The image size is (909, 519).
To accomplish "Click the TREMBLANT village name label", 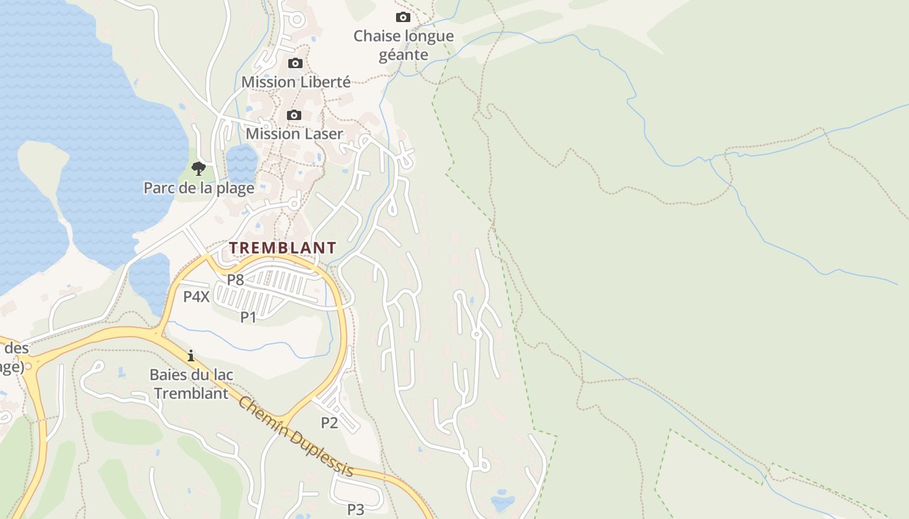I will (x=282, y=248).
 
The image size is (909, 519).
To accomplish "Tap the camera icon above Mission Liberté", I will (x=295, y=63).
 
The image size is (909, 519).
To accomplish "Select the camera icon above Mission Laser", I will (x=294, y=115).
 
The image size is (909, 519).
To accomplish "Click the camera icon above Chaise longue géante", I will (x=403, y=17).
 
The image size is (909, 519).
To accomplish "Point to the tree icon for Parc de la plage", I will (x=199, y=169).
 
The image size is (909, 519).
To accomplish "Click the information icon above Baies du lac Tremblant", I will (x=191, y=356).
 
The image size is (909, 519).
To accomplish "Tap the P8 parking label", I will (x=235, y=280).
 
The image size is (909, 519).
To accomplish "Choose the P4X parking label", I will (x=196, y=297).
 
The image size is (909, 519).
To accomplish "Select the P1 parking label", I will (x=249, y=317).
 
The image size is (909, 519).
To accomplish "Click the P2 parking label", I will (x=329, y=423).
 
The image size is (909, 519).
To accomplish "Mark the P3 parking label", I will (x=355, y=509).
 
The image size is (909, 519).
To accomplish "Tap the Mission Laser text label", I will (x=294, y=134).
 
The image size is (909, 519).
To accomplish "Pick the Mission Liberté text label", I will (x=296, y=82).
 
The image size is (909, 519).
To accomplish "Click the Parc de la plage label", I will (x=199, y=188).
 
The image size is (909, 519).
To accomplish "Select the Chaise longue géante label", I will (x=403, y=45).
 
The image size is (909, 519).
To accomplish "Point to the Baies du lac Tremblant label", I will (x=192, y=384).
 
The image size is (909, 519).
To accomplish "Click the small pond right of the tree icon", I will (x=242, y=162).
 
